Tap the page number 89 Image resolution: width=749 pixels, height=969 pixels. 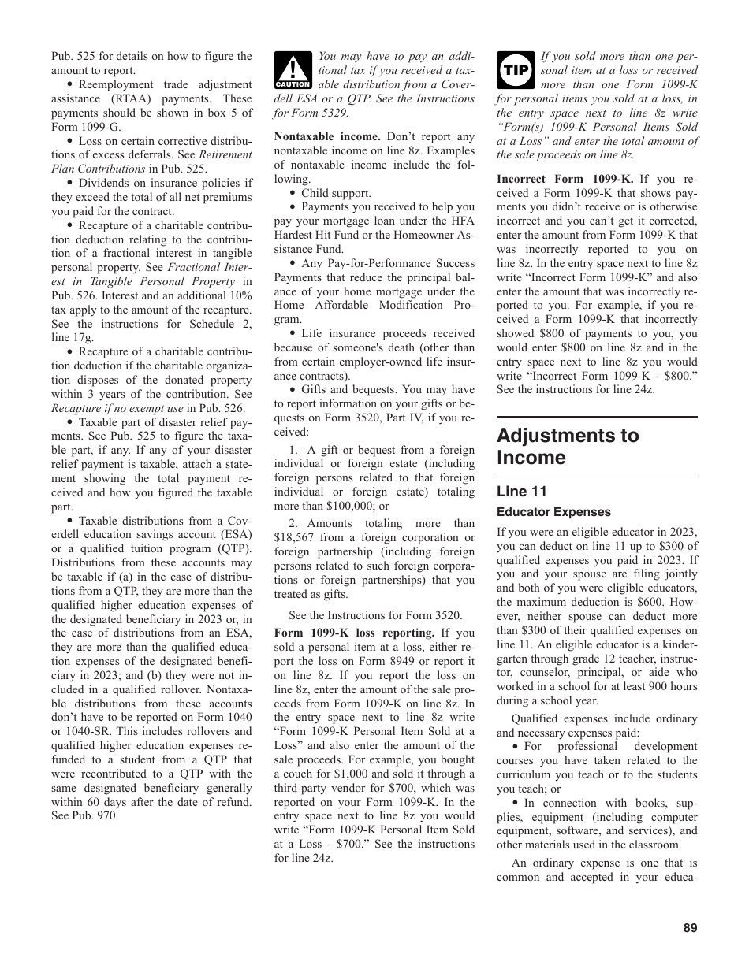coord(690,928)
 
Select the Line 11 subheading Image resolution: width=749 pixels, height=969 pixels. coord(521,492)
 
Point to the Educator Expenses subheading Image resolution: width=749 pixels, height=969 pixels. coord(553,512)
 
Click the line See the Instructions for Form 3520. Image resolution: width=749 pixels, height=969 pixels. coord(375,615)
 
